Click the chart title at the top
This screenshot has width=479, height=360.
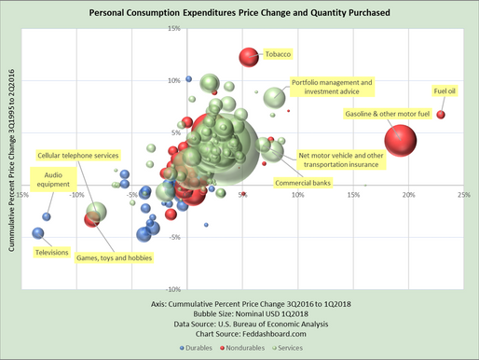point(240,13)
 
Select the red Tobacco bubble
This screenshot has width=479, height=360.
point(249,58)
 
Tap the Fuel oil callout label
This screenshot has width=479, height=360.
point(445,91)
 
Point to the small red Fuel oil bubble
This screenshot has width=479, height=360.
point(441,115)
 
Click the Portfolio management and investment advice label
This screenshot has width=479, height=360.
point(332,87)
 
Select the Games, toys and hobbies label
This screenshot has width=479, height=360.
point(114,256)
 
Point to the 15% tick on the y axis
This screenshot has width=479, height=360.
point(173,28)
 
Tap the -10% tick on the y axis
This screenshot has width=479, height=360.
point(171,289)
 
